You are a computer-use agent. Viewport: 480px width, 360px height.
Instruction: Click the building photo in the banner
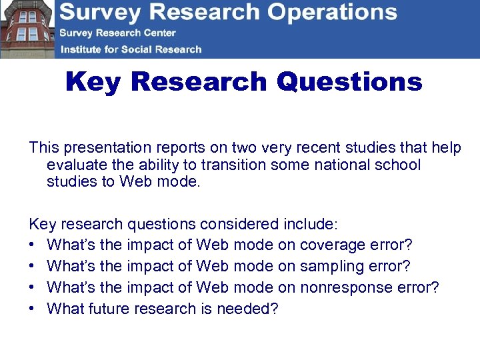tap(27, 29)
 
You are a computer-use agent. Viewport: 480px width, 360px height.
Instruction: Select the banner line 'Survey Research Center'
tap(117, 33)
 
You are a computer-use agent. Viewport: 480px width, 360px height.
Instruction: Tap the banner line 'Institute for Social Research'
tap(131, 49)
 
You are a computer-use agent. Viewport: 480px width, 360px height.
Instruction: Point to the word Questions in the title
tap(349, 82)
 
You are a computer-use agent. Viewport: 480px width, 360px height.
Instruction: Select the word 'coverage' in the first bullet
tap(331, 245)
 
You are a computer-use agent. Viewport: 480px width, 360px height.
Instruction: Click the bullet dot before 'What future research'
tap(33, 309)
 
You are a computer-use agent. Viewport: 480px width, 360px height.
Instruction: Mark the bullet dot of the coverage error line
tap(33, 246)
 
